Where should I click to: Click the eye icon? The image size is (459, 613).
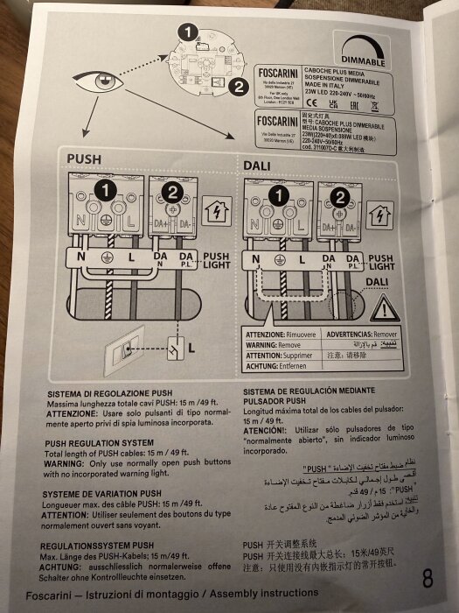(x=98, y=83)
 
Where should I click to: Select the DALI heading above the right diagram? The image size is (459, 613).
(x=258, y=163)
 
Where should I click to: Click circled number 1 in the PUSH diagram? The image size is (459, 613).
(x=105, y=189)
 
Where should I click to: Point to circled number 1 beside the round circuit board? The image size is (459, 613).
(x=185, y=32)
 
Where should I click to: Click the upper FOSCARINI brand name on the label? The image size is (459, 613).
(x=275, y=74)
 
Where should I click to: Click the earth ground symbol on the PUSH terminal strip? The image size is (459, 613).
(x=107, y=258)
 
